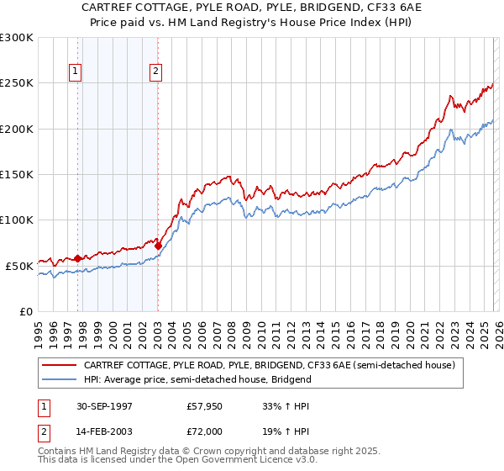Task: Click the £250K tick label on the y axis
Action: click(17, 83)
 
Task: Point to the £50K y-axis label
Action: click(19, 266)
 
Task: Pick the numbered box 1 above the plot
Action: click(76, 72)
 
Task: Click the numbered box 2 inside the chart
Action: click(156, 72)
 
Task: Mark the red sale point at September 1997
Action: click(78, 258)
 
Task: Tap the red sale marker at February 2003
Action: click(158, 246)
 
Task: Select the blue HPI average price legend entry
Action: click(197, 379)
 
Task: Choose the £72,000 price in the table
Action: click(206, 431)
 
